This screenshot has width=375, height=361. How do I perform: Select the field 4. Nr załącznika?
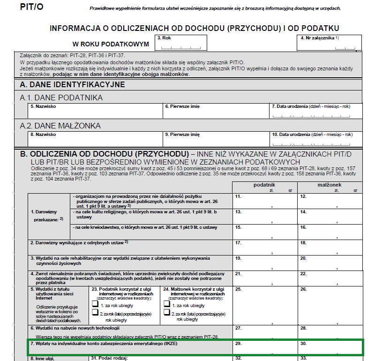pyautogui.click(x=329, y=43)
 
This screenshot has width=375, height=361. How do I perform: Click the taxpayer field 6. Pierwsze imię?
pyautogui.click(x=216, y=111)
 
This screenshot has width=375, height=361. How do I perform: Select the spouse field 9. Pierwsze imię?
pyautogui.click(x=216, y=139)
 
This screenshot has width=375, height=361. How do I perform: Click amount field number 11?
pyautogui.click(x=265, y=201)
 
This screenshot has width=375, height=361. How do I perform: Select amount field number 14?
pyautogui.click(x=330, y=216)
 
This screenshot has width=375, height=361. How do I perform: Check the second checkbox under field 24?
pyautogui.click(x=166, y=314)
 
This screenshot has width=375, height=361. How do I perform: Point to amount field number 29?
pyautogui.click(x=265, y=347)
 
